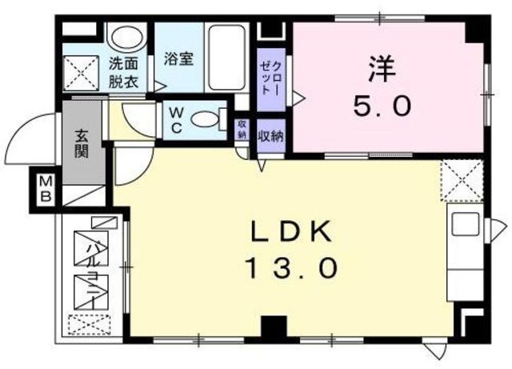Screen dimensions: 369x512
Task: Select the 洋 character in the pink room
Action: tap(382, 68)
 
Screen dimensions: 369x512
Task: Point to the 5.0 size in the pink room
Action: tap(382, 105)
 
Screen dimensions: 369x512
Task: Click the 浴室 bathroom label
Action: tap(178, 58)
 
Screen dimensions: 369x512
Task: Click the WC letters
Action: tap(174, 120)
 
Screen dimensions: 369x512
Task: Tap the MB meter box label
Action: tap(40, 191)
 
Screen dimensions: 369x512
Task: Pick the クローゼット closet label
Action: tap(266, 76)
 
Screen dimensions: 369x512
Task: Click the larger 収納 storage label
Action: tap(270, 135)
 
